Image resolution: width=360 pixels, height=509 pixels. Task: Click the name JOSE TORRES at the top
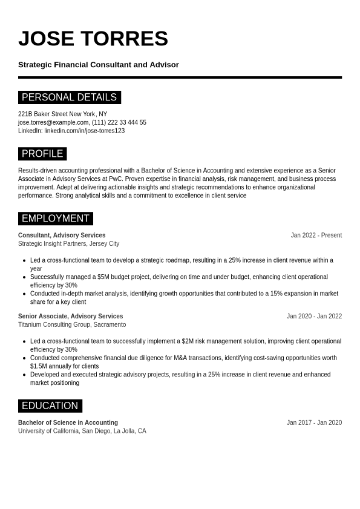[93, 39]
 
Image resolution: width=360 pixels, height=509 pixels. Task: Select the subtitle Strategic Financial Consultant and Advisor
[99, 65]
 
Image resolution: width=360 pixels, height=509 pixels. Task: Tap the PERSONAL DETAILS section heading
[69, 97]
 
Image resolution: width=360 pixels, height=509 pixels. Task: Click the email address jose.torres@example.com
[53, 122]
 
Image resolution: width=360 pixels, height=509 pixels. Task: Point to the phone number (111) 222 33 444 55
[119, 122]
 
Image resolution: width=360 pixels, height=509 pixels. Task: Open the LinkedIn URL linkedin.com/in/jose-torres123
[84, 131]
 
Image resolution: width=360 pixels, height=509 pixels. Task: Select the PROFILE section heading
[42, 154]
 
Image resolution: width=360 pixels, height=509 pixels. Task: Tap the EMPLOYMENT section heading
[56, 218]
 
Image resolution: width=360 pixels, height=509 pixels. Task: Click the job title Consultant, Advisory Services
[62, 235]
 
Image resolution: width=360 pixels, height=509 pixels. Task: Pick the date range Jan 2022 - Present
[316, 235]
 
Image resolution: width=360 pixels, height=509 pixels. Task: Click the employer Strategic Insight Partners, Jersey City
[68, 244]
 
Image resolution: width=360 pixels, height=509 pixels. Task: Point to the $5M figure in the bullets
[103, 277]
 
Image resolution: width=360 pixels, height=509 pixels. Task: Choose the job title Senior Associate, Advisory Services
[70, 317]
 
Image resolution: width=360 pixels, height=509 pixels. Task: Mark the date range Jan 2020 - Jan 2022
[314, 317]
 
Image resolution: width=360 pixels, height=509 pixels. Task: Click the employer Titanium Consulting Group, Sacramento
[72, 325]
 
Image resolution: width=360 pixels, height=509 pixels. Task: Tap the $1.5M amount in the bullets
[39, 366]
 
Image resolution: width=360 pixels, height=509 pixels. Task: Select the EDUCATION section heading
[50, 406]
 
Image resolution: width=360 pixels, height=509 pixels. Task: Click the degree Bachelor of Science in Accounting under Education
[68, 423]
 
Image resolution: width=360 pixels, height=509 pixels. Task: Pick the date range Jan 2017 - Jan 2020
[314, 423]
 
